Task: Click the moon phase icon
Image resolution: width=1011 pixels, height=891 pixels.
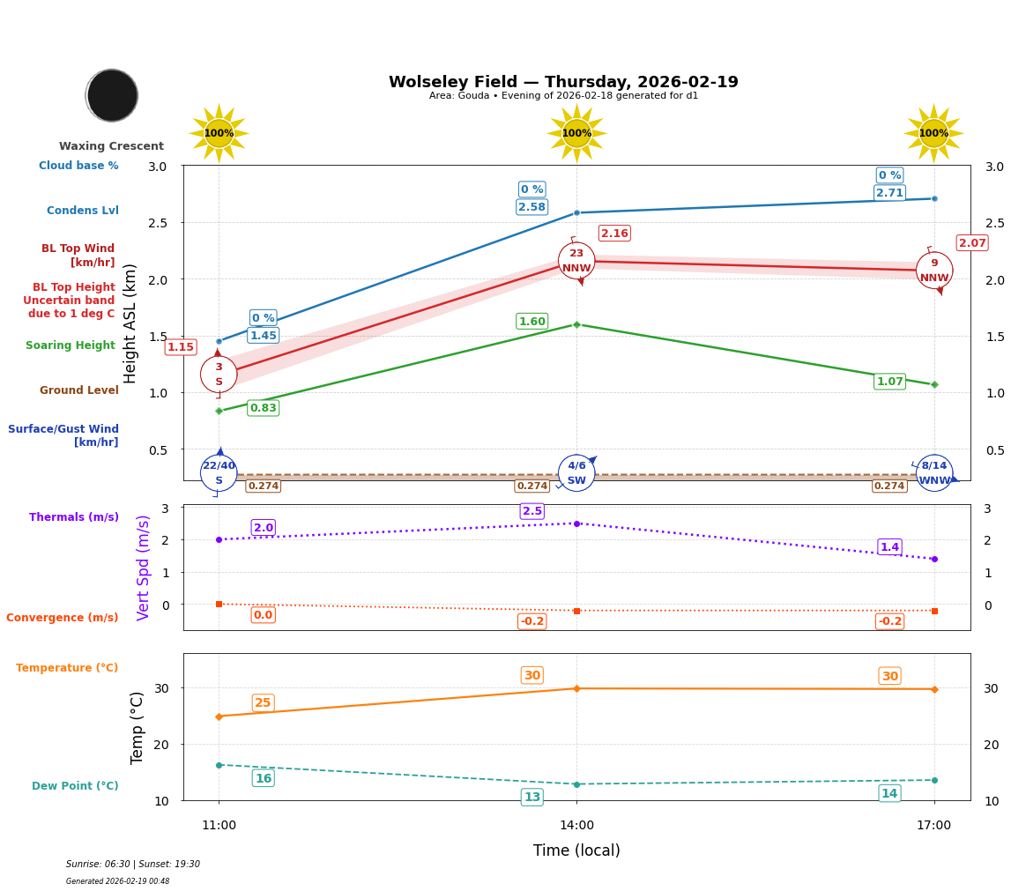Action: point(112,95)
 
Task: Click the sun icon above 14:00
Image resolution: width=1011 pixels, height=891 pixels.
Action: point(576,133)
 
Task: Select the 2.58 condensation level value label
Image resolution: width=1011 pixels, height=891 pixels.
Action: point(532,207)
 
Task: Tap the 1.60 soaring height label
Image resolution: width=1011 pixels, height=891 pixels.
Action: point(532,322)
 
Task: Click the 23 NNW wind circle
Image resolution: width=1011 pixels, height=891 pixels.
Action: point(576,261)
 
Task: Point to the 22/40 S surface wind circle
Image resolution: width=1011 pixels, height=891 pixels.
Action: point(219,473)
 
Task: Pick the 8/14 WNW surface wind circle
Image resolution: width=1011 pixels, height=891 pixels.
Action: point(933,473)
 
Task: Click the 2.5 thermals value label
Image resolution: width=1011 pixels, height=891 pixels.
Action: point(532,511)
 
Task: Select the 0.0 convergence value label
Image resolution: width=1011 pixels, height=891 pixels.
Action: point(263,615)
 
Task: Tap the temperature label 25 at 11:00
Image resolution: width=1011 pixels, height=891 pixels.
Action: point(263,702)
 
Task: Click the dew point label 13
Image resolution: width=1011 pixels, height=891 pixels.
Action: point(532,797)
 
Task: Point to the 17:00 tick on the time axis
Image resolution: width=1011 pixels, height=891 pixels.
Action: point(933,825)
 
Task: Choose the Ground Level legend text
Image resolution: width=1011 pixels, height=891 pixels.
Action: point(79,390)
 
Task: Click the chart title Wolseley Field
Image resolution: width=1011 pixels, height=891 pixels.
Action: point(563,82)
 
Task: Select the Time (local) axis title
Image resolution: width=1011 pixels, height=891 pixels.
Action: point(576,850)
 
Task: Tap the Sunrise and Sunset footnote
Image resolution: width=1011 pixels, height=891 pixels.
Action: point(133,865)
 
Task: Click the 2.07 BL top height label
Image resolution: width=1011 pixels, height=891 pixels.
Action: point(972,243)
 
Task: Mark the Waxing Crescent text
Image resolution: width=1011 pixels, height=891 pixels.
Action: point(111,146)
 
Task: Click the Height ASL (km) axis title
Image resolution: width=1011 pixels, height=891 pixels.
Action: point(130,323)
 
